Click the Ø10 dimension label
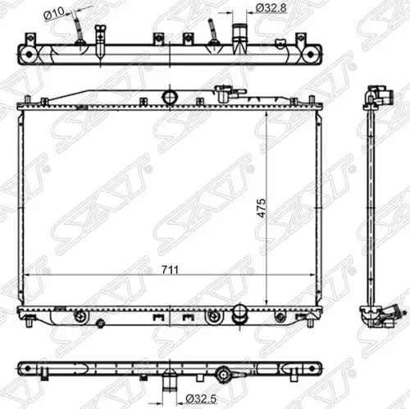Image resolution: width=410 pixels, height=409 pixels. [54, 12]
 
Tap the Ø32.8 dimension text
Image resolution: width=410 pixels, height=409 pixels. [271, 8]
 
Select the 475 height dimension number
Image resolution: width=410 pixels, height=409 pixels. [262, 208]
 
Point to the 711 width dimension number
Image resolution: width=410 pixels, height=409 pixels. [170, 270]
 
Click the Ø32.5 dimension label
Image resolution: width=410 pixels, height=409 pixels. [201, 398]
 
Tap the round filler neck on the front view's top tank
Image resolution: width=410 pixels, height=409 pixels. [170, 97]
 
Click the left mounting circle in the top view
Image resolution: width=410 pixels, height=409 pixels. [29, 55]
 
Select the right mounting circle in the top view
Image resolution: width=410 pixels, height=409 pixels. [311, 55]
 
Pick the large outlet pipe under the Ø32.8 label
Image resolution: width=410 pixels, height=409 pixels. [239, 39]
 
